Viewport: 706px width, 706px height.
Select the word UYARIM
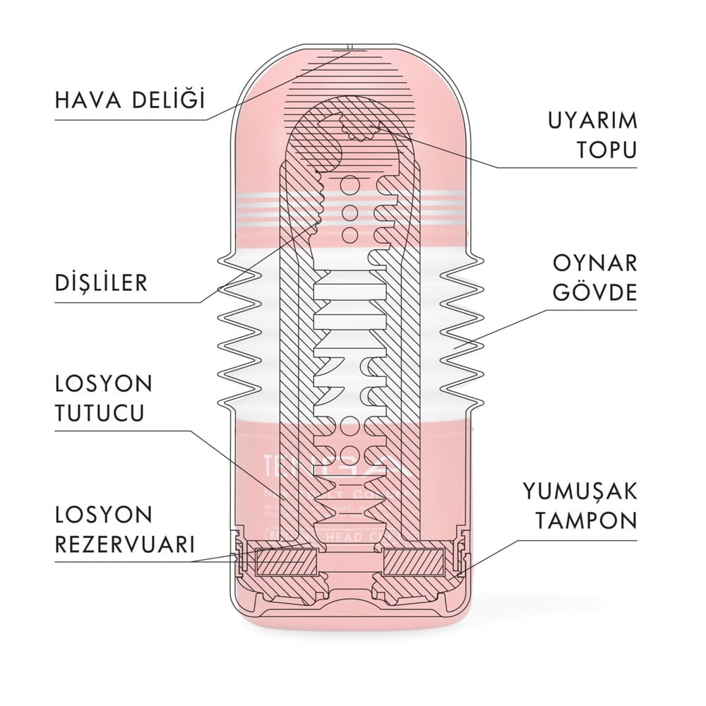593,120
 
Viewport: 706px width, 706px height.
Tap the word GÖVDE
597,292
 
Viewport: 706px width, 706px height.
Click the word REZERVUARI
124,544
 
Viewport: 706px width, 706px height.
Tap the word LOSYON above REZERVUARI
95,515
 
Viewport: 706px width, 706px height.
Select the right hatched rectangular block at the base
412,563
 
